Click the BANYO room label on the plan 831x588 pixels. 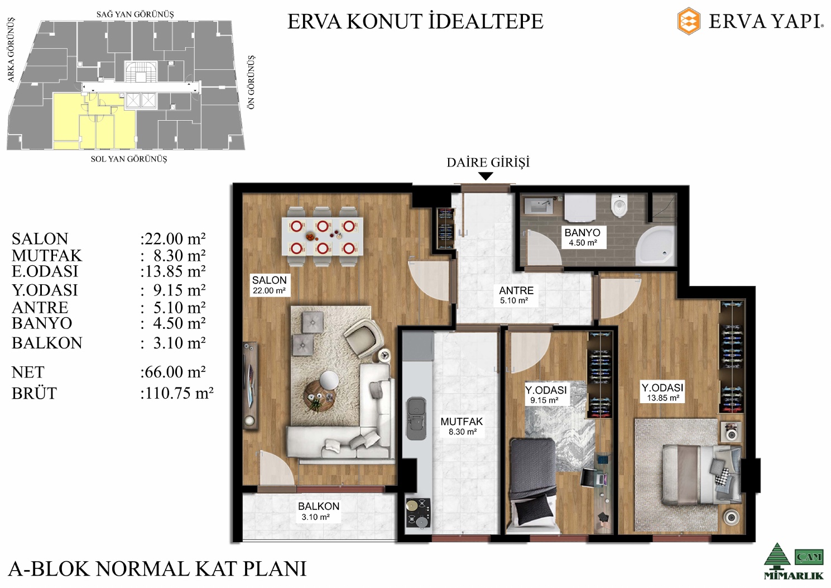pos(582,233)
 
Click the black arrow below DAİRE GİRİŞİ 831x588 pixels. pos(486,176)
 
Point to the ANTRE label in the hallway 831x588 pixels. pos(516,290)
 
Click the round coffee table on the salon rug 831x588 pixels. pos(320,396)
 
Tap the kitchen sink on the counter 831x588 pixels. pos(416,418)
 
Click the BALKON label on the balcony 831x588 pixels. pos(319,506)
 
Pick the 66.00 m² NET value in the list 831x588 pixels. pos(173,371)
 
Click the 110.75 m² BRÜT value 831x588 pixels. pos(177,393)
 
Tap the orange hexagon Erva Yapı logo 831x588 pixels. pos(689,21)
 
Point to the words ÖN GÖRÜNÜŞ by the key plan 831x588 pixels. pos(252,82)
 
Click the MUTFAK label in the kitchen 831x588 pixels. pos(462,422)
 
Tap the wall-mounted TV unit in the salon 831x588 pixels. pos(251,386)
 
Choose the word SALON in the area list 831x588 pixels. pos(40,238)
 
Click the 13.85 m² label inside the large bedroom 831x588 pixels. pos(664,398)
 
